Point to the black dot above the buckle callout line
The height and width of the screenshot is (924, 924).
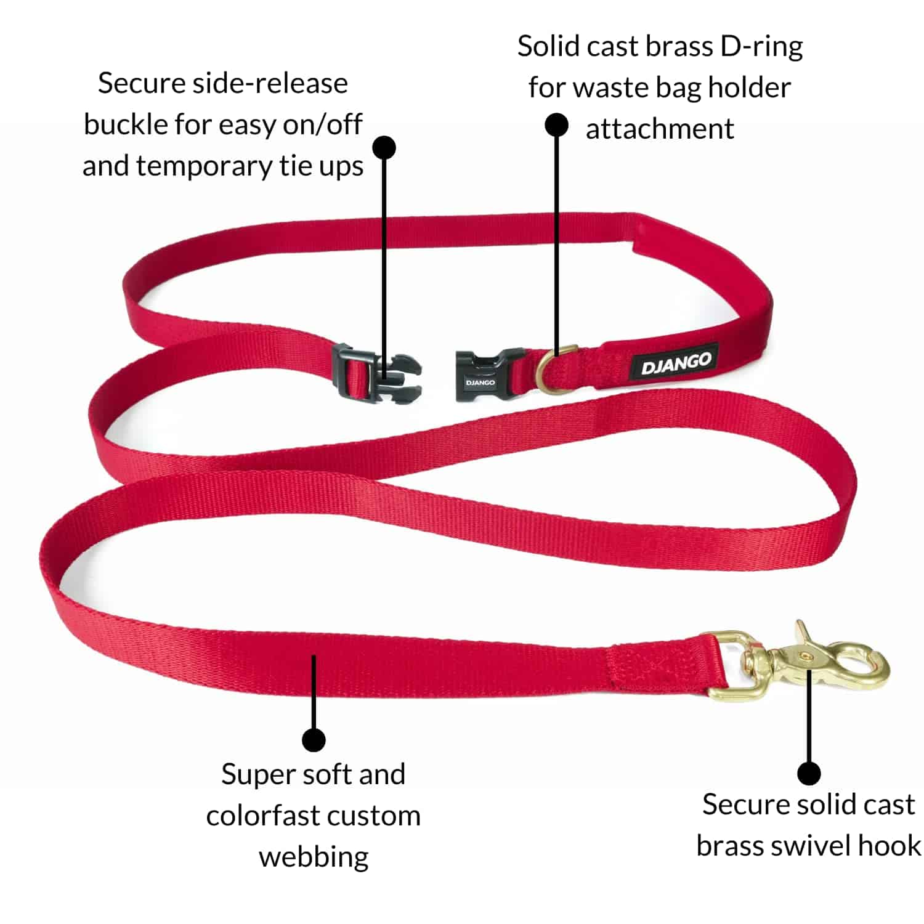point(384,148)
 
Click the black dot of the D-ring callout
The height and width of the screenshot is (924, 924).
point(556,125)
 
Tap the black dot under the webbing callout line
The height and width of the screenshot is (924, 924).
point(314,739)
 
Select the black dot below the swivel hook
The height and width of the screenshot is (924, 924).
point(809,772)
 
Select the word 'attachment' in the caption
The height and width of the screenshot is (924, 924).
point(659,129)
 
